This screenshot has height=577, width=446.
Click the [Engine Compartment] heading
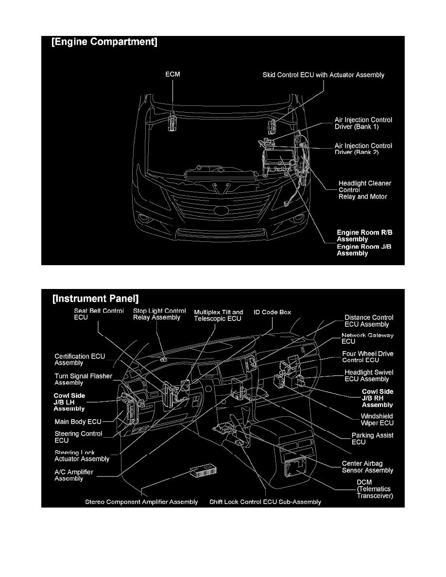[104, 43]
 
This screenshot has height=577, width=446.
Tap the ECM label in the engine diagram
[172, 75]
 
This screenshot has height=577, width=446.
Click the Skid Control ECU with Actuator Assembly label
[323, 75]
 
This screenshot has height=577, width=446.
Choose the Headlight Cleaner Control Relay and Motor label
[364, 190]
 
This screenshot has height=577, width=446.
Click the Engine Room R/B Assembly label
[364, 236]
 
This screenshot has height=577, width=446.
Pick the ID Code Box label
[272, 312]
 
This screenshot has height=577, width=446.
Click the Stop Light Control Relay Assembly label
[159, 314]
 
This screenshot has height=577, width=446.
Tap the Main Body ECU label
[78, 422]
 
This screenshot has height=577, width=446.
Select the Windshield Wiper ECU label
[377, 420]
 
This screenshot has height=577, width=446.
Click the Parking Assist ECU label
[372, 439]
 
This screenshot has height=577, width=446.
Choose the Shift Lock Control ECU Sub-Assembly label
[265, 502]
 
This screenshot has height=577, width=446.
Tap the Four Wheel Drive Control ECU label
[367, 357]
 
